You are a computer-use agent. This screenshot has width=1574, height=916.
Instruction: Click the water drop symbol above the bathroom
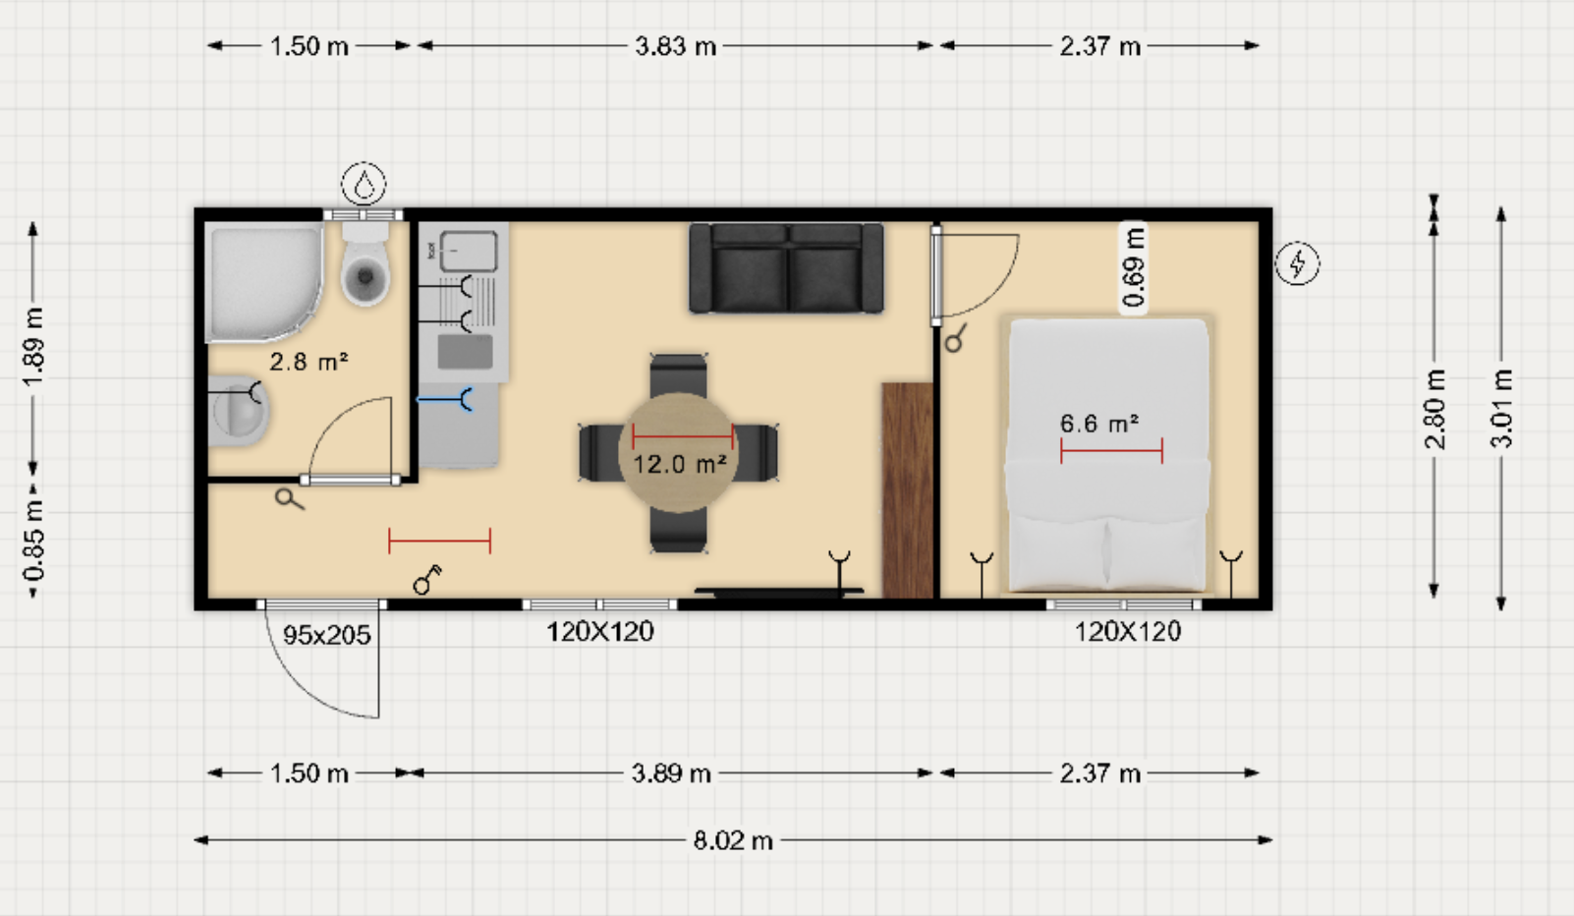coord(364,184)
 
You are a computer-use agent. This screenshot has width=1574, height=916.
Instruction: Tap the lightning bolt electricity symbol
coord(1297,263)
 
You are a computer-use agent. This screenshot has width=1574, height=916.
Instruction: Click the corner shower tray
coord(264,283)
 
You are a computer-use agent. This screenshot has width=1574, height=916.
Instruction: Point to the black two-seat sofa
coord(786,268)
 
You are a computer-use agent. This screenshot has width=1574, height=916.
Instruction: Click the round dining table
coord(678,452)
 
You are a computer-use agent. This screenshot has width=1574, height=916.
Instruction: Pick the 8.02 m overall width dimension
coord(734,840)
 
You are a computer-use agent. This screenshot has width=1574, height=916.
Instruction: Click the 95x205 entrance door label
coord(327,636)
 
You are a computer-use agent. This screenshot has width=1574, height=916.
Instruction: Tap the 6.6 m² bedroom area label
coord(1099,424)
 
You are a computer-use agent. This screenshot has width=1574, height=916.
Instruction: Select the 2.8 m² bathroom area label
coord(309,362)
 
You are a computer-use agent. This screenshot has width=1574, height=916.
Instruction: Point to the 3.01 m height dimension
coord(1501,409)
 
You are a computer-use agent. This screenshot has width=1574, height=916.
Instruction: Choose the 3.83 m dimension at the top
coord(675,46)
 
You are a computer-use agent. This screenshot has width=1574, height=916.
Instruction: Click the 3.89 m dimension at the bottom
coord(671,773)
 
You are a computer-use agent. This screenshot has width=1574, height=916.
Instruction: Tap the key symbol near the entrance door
coord(426,579)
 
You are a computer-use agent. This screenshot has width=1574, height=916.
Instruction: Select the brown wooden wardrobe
coord(907,490)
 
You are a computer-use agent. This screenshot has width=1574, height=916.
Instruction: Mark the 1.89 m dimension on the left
coord(33,348)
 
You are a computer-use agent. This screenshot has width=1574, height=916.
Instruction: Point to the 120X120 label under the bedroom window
coord(1128,632)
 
